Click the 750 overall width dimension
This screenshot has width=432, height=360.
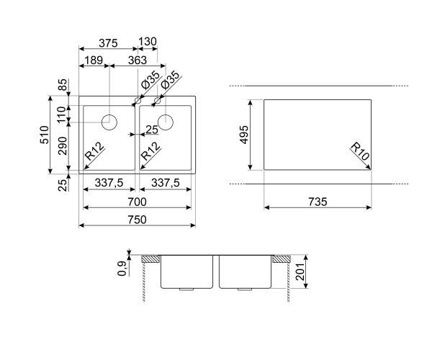tap(138, 220)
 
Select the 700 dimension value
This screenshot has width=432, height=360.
tap(138, 202)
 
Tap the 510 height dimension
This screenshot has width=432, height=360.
tap(45, 135)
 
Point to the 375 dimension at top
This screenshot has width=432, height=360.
tap(108, 43)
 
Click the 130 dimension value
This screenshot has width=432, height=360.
tap(148, 42)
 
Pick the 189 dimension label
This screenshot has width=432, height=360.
tap(94, 60)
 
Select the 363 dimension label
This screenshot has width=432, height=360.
tap(138, 60)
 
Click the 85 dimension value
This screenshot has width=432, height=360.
tap(63, 84)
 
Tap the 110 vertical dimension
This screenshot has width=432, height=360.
tap(63, 114)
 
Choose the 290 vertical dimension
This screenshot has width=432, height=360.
tap(63, 145)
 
